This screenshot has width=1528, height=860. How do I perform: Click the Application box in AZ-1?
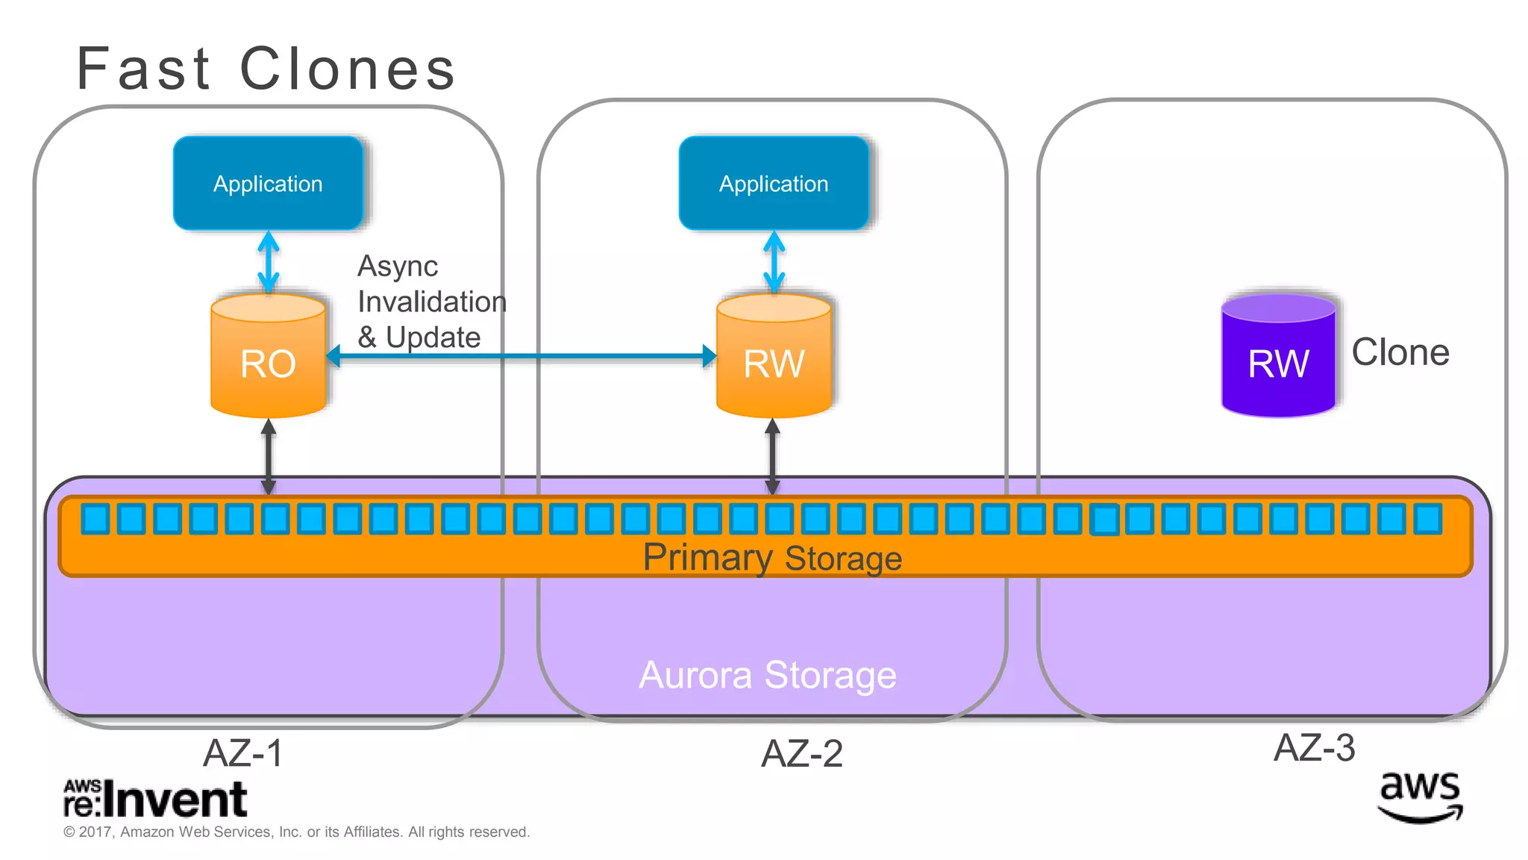268,183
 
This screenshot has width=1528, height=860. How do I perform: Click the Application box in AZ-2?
774,183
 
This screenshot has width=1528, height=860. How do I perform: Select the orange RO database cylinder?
268,357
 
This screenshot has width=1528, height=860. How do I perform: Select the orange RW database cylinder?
774,357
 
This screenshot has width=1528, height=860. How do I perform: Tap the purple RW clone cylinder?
1278,357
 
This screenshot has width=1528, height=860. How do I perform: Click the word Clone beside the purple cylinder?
1400,352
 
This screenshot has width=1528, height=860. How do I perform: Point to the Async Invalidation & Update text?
431,302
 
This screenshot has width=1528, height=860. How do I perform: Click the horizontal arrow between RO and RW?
522,357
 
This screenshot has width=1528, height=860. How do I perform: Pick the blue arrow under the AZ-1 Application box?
269,261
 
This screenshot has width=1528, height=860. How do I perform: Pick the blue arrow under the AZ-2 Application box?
774,261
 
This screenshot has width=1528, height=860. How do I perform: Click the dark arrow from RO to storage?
269,455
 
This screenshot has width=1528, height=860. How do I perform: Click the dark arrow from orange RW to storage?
773,455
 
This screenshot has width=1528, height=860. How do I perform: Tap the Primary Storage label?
772,558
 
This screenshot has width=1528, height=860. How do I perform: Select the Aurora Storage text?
768,676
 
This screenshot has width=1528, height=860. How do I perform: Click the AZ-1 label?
243,752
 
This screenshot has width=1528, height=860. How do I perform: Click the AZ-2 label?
801,753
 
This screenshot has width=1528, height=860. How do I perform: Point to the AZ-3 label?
1314,747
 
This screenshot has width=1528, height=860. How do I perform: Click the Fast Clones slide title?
266,69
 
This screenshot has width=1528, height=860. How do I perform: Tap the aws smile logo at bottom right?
1420,797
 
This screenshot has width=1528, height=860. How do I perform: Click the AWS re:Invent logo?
155,799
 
